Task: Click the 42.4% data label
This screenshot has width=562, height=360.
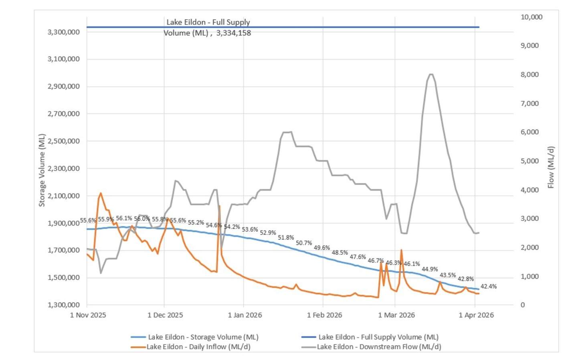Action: tap(488, 286)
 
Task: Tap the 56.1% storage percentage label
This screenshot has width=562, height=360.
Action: tap(124, 218)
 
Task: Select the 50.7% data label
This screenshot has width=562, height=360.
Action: tap(303, 243)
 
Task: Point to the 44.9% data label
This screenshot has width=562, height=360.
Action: tap(429, 269)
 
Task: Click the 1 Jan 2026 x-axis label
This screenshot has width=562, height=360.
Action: tap(245, 315)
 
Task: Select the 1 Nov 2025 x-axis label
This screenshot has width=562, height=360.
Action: tap(88, 315)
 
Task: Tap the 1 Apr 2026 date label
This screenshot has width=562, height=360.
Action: tap(476, 315)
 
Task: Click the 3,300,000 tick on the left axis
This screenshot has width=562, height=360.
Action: tap(63, 32)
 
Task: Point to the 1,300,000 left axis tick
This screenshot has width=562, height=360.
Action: tap(63, 305)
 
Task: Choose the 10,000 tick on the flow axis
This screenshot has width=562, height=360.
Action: tap(531, 17)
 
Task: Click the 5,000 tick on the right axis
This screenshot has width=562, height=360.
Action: tap(529, 161)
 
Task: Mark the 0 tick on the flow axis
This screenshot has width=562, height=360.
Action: tap(522, 305)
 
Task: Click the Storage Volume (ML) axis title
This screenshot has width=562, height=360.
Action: tap(42, 170)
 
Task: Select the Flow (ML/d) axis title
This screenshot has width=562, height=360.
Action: tap(551, 167)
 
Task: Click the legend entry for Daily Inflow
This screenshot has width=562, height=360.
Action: tap(198, 347)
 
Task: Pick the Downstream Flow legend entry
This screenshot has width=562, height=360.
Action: tap(378, 347)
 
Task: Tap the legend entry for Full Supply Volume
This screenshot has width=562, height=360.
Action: tap(378, 337)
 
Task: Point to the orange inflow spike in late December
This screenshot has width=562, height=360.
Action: tap(219, 206)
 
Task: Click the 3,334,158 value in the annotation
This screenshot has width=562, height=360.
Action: tap(233, 33)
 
